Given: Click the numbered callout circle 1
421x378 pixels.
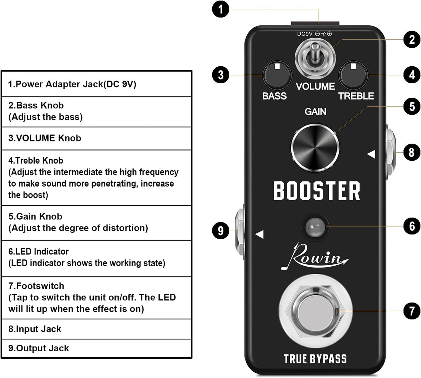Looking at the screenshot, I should [221, 9].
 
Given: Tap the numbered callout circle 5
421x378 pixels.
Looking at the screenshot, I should [412, 107].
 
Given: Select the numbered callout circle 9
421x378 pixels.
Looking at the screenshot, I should [221, 231].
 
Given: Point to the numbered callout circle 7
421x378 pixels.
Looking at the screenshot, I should [412, 311].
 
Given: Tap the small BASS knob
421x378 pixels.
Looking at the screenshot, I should [278, 75].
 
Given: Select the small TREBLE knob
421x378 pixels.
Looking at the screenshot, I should [353, 75].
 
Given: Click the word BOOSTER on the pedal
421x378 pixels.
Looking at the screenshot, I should [316, 191].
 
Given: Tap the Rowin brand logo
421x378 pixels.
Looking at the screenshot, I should [314, 257].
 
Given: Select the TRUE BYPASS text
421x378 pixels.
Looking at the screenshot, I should [315, 359].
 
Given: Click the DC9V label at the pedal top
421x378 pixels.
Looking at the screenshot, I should [305, 34].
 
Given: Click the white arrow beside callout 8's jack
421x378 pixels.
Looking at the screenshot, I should [371, 154].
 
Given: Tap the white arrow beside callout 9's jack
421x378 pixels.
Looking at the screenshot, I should [259, 234].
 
